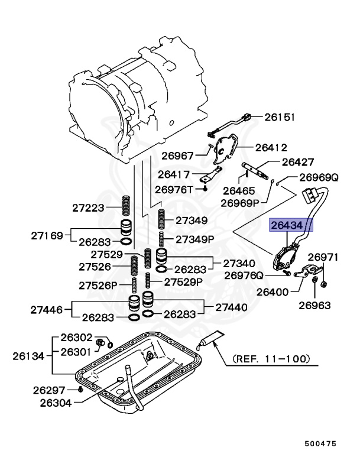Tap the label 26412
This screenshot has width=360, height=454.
click(271, 147)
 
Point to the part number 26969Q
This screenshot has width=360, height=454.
click(318, 177)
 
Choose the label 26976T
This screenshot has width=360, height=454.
click(174, 189)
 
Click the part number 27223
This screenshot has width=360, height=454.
click(89, 207)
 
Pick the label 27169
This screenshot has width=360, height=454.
click(47, 235)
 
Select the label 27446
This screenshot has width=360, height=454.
click(47, 309)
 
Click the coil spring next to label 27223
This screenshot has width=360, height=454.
click(126, 206)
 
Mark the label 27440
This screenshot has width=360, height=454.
click(232, 307)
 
